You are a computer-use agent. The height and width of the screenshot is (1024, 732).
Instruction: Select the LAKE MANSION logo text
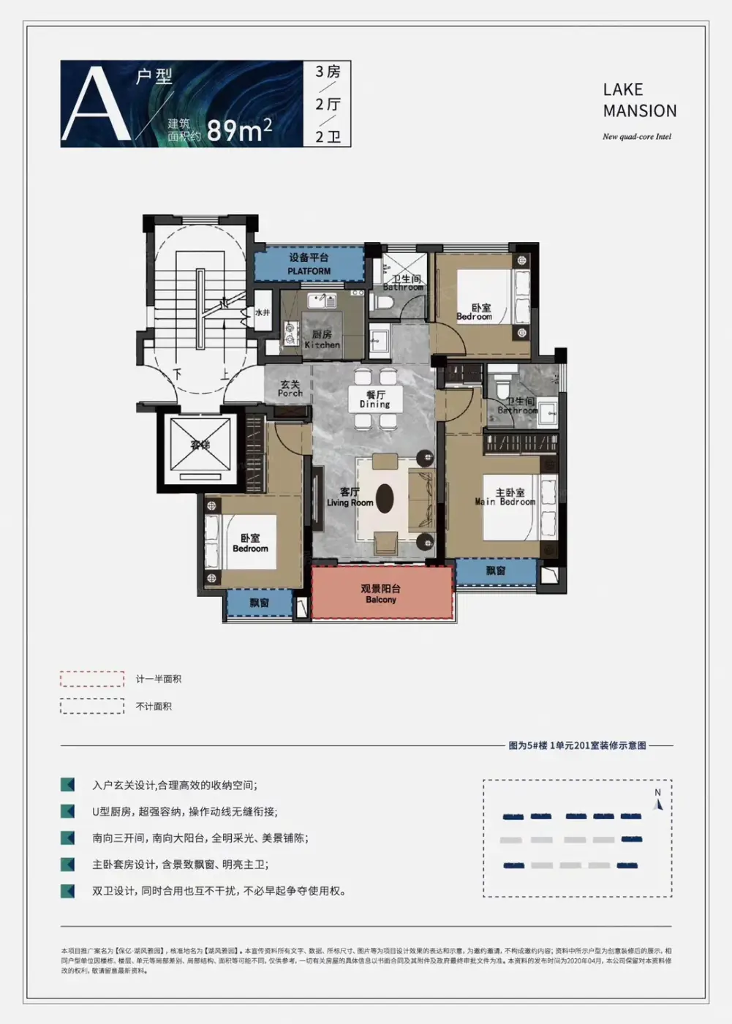tap(639, 100)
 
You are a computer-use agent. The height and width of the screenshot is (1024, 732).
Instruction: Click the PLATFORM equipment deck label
tap(309, 264)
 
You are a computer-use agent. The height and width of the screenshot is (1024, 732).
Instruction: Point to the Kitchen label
tap(322, 340)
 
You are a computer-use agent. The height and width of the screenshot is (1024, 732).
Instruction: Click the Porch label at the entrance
tap(290, 388)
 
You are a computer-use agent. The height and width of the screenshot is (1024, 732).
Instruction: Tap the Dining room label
tap(375, 399)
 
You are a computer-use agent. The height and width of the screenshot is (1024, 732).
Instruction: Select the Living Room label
tap(350, 497)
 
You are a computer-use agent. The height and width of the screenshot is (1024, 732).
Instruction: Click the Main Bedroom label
tap(505, 497)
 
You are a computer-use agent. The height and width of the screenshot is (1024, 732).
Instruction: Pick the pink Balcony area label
tap(381, 594)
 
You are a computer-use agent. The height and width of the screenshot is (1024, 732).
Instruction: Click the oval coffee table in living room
tap(385, 499)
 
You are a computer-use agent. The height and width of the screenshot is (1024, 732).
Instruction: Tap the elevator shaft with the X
tap(200, 445)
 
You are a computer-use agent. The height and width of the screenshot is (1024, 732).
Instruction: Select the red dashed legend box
tap(92, 679)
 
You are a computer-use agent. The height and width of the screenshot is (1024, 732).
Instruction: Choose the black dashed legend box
tap(92, 706)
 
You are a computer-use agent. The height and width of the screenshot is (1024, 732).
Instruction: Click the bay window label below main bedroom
tap(496, 571)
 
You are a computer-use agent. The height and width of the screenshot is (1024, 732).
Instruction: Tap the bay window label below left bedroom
tap(259, 603)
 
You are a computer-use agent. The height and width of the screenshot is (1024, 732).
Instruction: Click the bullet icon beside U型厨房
tap(68, 811)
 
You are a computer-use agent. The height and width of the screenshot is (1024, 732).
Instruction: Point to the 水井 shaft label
tap(262, 313)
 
